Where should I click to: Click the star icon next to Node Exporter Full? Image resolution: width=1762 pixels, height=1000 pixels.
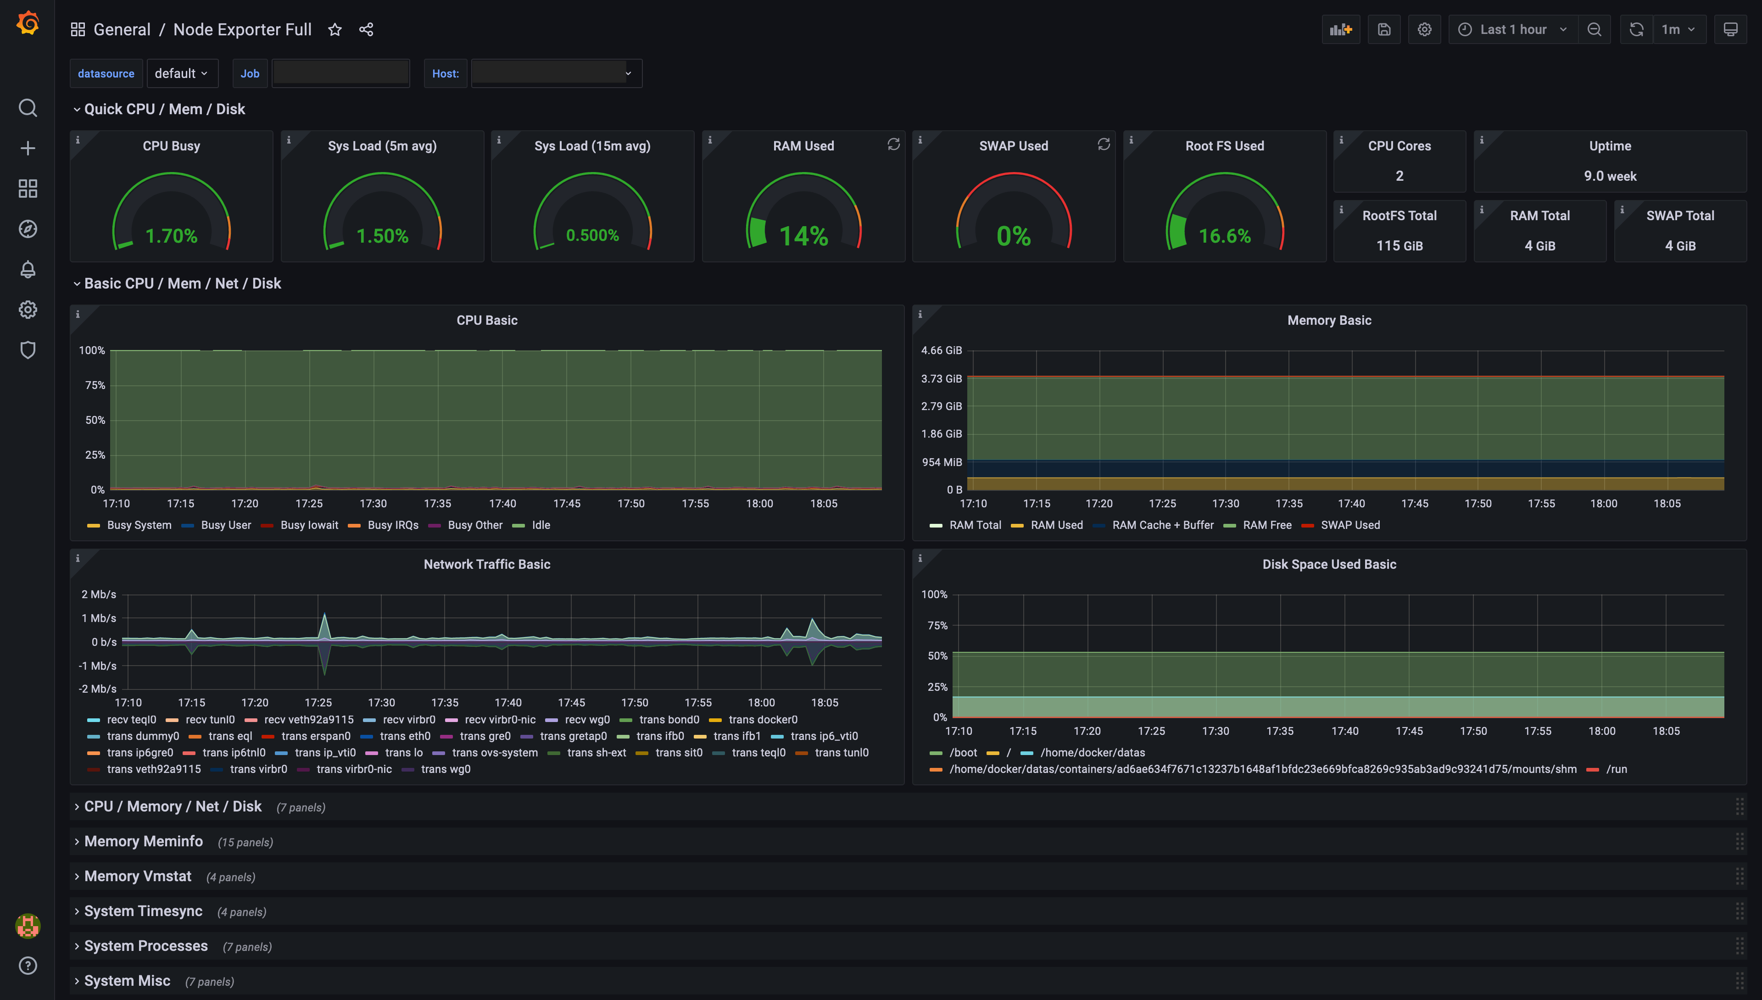coord(335,29)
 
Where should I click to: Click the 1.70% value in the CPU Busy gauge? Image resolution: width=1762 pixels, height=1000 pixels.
coord(171,236)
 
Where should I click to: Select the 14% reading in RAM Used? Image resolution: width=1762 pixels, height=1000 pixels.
coord(803,236)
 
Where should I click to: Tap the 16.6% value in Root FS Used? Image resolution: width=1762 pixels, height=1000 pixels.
coord(1224,236)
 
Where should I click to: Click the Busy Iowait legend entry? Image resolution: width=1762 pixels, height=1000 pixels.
coord(308,525)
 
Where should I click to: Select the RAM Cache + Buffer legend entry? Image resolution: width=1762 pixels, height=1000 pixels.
coord(1162,525)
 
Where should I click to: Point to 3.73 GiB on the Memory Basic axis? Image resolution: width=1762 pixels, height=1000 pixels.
coord(941,379)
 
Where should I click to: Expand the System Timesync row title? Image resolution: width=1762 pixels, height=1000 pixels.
coord(143,911)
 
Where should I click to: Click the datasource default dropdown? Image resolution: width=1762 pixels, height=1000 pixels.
coord(181,73)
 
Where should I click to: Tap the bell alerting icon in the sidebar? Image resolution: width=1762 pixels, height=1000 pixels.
coord(28,270)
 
